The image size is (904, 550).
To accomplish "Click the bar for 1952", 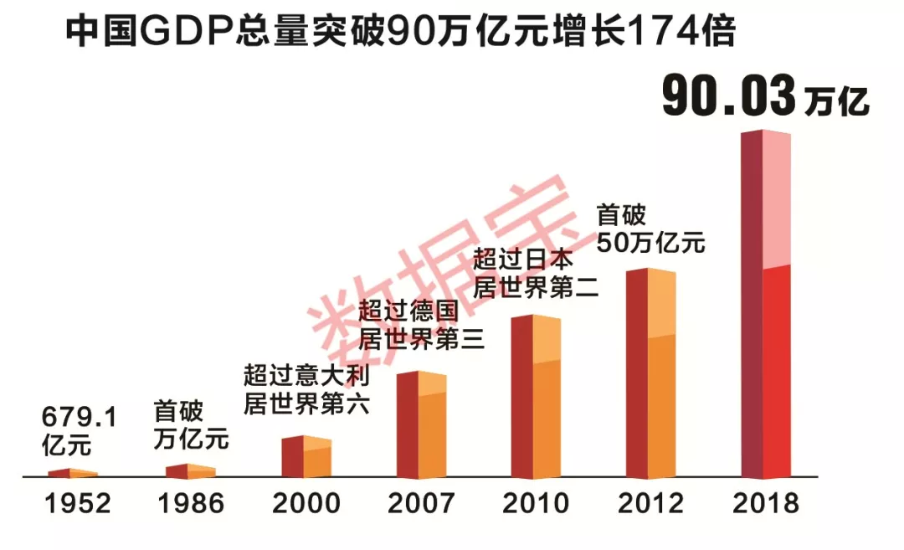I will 73,474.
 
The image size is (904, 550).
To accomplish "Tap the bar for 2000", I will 306,457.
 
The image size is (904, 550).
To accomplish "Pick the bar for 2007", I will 421,425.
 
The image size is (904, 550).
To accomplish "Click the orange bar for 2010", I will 536,397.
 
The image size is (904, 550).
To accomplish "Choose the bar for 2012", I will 650,373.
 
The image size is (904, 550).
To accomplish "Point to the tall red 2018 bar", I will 767,305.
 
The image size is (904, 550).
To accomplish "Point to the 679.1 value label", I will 80,416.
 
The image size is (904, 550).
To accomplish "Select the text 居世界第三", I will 421,338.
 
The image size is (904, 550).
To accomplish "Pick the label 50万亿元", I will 650,244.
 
